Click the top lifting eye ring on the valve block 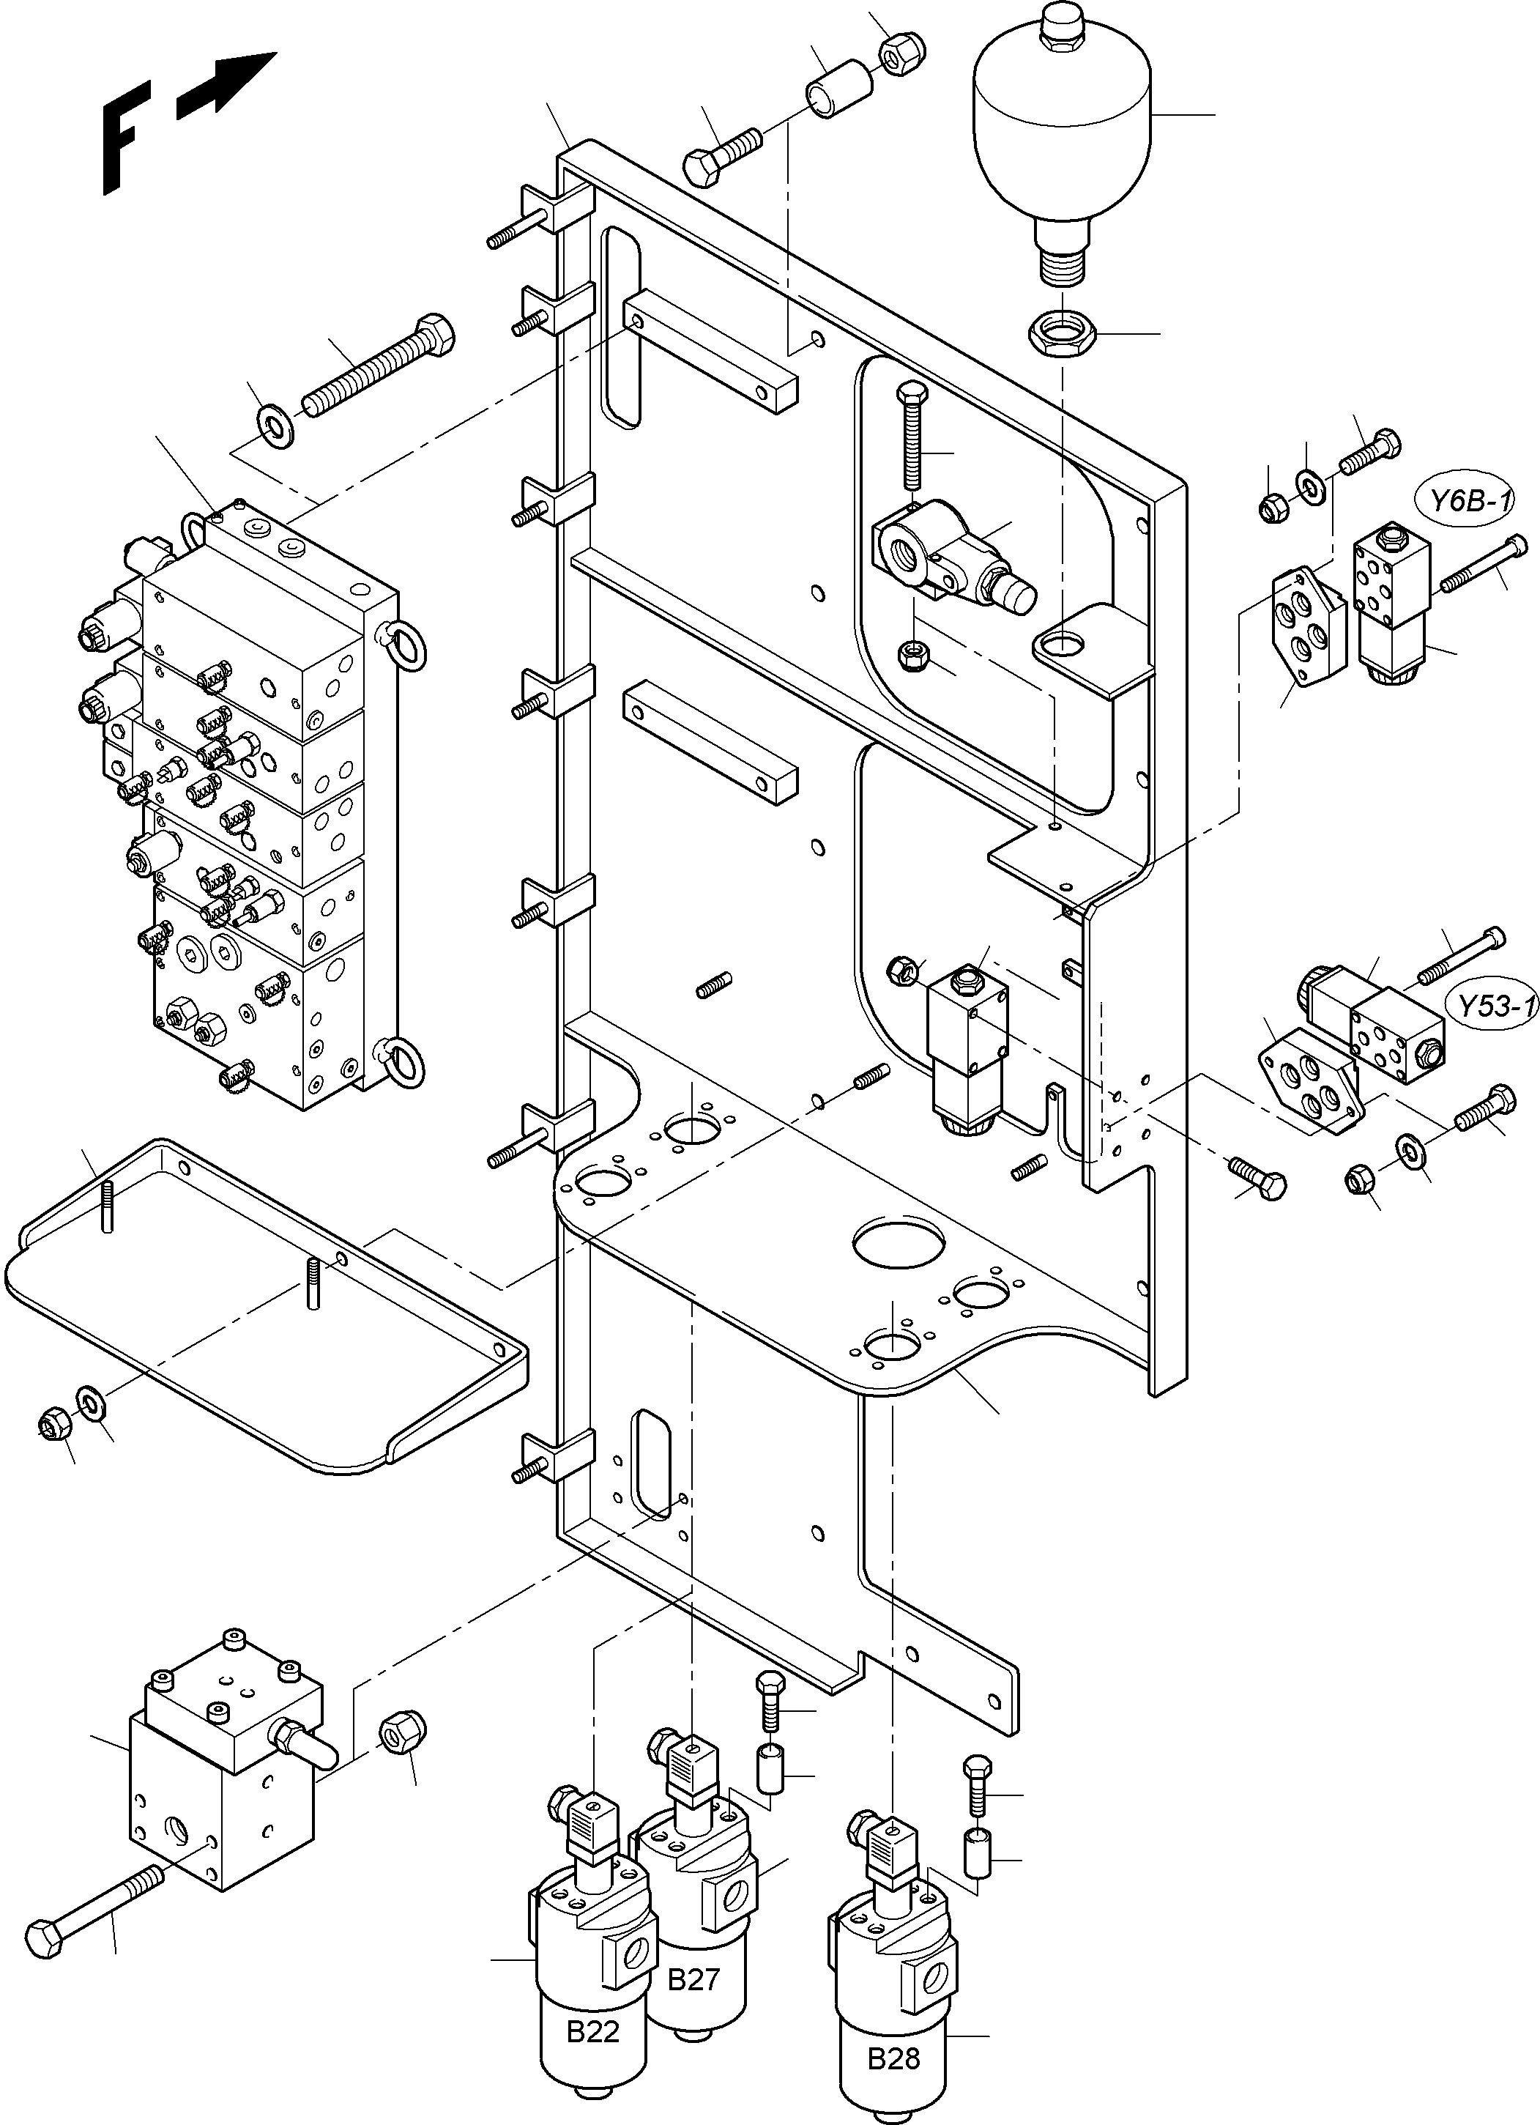194,530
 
